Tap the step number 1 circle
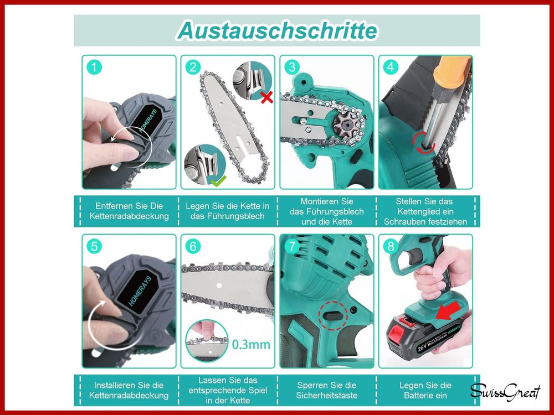95,68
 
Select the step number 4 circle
391,68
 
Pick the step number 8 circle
391,246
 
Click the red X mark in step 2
266,97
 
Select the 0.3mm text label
250,345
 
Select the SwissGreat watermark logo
505,392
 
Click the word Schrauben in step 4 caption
405,221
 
